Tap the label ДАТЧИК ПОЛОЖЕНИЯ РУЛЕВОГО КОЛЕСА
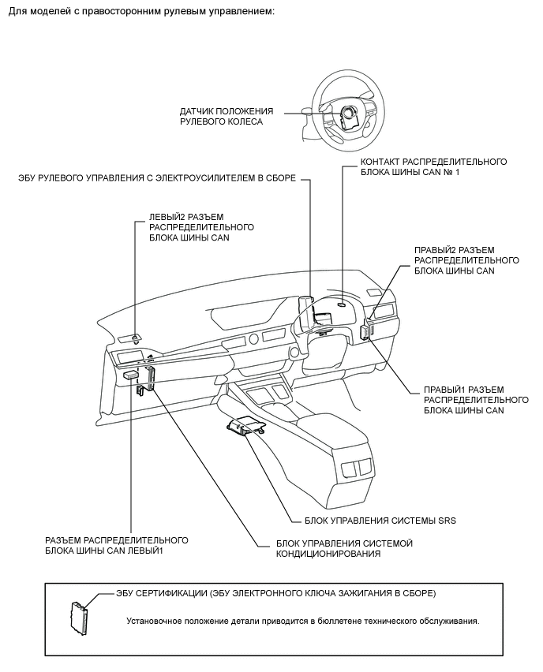(226, 117)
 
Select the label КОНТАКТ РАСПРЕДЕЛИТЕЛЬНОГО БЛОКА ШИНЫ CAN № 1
(433, 166)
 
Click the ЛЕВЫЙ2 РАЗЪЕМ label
(201, 227)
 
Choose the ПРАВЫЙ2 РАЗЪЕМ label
(466, 260)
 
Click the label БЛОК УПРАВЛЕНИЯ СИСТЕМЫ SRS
(380, 521)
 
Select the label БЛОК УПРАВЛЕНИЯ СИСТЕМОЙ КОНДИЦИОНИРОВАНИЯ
(344, 548)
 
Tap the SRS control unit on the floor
(246, 427)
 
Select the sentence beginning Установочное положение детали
(303, 621)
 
